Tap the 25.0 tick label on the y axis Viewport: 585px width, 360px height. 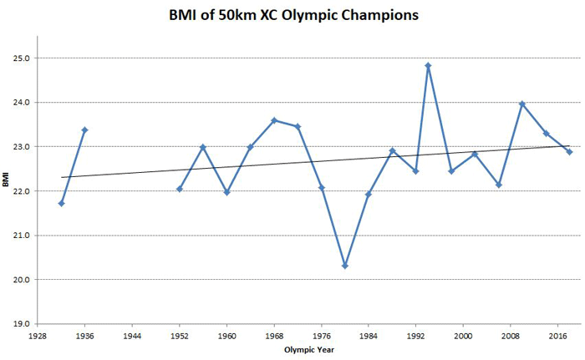(x=21, y=58)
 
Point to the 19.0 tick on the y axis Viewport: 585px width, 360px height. (x=21, y=324)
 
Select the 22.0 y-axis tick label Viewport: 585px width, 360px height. (x=21, y=191)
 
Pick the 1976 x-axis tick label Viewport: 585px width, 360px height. (x=321, y=335)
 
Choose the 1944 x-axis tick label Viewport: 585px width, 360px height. (x=132, y=335)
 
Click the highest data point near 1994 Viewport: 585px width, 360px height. (x=429, y=65)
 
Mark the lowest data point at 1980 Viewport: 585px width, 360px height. (x=345, y=266)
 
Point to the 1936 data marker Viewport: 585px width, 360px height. (x=84, y=129)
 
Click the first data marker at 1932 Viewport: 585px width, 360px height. (x=61, y=203)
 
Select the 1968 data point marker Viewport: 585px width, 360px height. (x=274, y=120)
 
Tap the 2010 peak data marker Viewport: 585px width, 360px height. (x=522, y=104)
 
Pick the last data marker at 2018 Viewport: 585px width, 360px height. (x=569, y=152)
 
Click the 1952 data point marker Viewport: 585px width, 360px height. (x=180, y=189)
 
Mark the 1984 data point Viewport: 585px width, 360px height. (x=369, y=194)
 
